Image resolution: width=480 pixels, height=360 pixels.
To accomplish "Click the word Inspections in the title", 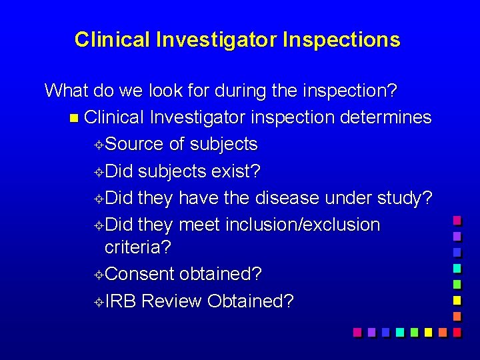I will pos(341,40).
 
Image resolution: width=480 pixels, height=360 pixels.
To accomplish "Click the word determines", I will pos(386,117).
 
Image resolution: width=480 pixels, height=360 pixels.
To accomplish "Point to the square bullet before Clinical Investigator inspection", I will pos(73,118).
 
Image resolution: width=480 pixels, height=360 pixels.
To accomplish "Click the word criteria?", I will pos(138,247).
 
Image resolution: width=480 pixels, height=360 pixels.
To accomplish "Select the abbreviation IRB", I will pos(121,301).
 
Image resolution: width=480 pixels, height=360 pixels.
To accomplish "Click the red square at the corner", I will pos(457,331).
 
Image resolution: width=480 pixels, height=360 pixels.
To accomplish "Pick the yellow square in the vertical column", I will pos(457,300).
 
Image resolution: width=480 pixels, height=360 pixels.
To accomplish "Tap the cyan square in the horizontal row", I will pos(399,331).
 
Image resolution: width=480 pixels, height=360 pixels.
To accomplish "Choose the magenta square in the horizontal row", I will pos(357,331).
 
